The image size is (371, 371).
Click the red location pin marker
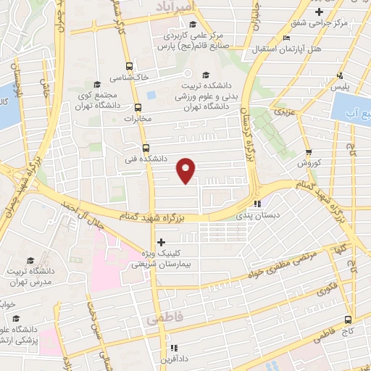[186, 170]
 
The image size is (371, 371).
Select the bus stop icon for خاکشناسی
[129, 64]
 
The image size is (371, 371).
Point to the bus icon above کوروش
[309, 153]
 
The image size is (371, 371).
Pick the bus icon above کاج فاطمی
[349, 319]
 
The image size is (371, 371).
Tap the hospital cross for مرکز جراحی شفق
[320, 12]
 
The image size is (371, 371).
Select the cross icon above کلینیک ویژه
[161, 242]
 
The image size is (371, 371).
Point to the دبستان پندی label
[255, 216]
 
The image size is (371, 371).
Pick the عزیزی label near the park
[285, 114]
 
